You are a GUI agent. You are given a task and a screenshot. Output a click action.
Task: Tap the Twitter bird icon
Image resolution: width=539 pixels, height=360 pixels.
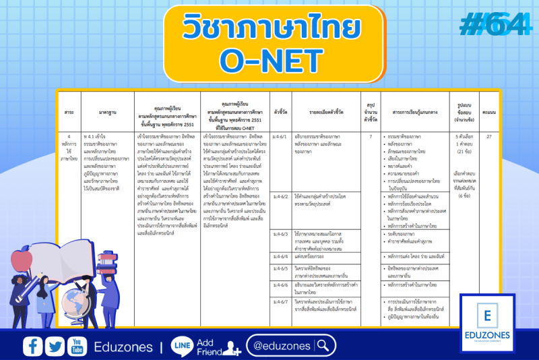[55, 347]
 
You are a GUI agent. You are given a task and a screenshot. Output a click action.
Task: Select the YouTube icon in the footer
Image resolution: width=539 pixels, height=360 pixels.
[77, 347]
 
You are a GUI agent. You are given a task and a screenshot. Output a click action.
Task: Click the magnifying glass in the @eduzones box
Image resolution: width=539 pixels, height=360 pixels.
[324, 346]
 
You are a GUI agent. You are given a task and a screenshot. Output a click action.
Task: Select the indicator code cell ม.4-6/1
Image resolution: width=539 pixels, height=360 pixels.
[281, 136]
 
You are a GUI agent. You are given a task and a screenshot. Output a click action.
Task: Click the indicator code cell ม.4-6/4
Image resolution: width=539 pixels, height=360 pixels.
[281, 257]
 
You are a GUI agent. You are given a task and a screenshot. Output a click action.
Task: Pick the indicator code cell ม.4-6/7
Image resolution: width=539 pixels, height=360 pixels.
[281, 301]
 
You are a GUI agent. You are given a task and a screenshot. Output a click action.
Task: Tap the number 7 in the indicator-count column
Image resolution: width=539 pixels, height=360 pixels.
[370, 136]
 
